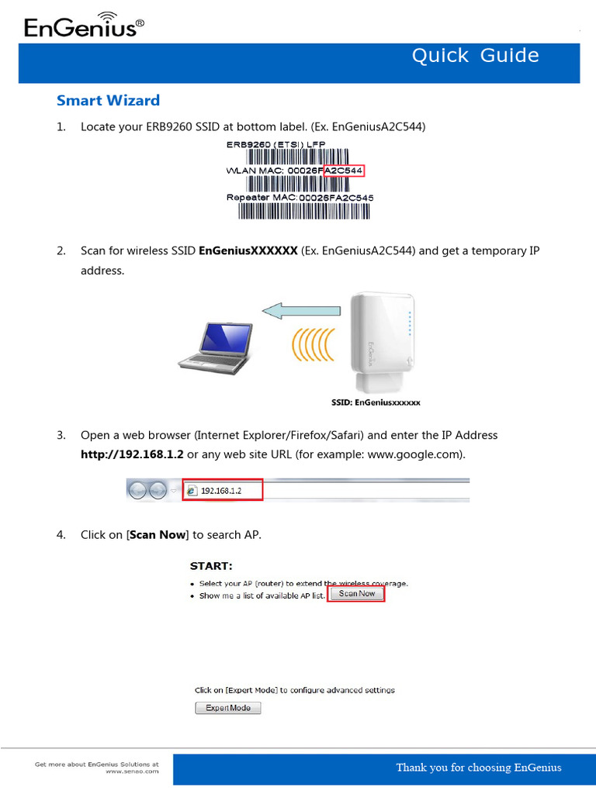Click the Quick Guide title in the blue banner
pyautogui.click(x=475, y=55)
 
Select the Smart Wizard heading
pyautogui.click(x=108, y=100)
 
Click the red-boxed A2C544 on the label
pyautogui.click(x=344, y=171)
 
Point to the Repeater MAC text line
pyautogui.click(x=300, y=197)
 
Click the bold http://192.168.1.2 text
pyautogui.click(x=132, y=454)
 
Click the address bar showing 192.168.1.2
pyautogui.click(x=223, y=490)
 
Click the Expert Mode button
pyautogui.click(x=227, y=708)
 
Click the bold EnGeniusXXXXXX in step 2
pyautogui.click(x=248, y=251)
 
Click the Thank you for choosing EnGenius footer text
pyautogui.click(x=478, y=768)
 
